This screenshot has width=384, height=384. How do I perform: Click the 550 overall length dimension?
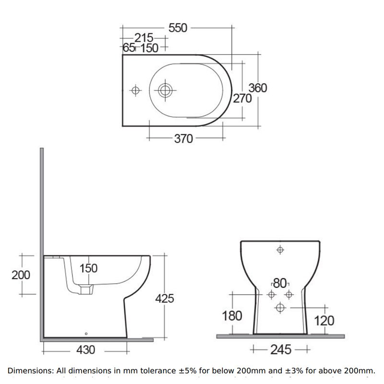point(177,28)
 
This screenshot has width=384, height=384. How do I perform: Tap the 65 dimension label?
point(128,48)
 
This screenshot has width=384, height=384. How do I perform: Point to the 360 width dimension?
point(257,88)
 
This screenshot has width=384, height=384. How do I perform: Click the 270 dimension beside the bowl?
point(242,98)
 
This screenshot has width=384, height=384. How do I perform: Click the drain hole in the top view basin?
point(166,89)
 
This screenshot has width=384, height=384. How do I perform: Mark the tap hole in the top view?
point(136,90)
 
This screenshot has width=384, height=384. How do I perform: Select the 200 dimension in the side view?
point(21,275)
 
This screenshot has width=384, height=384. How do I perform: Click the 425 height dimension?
point(164,299)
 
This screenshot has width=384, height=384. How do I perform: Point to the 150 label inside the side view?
point(88,268)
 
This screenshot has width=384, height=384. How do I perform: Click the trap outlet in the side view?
point(86,289)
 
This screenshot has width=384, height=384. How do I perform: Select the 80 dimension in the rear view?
point(280,282)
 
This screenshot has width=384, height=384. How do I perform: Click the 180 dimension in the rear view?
point(233,316)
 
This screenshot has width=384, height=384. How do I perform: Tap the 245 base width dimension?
point(280,349)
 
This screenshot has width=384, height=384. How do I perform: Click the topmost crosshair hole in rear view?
point(280,250)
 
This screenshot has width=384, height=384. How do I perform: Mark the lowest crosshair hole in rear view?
point(280,307)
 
